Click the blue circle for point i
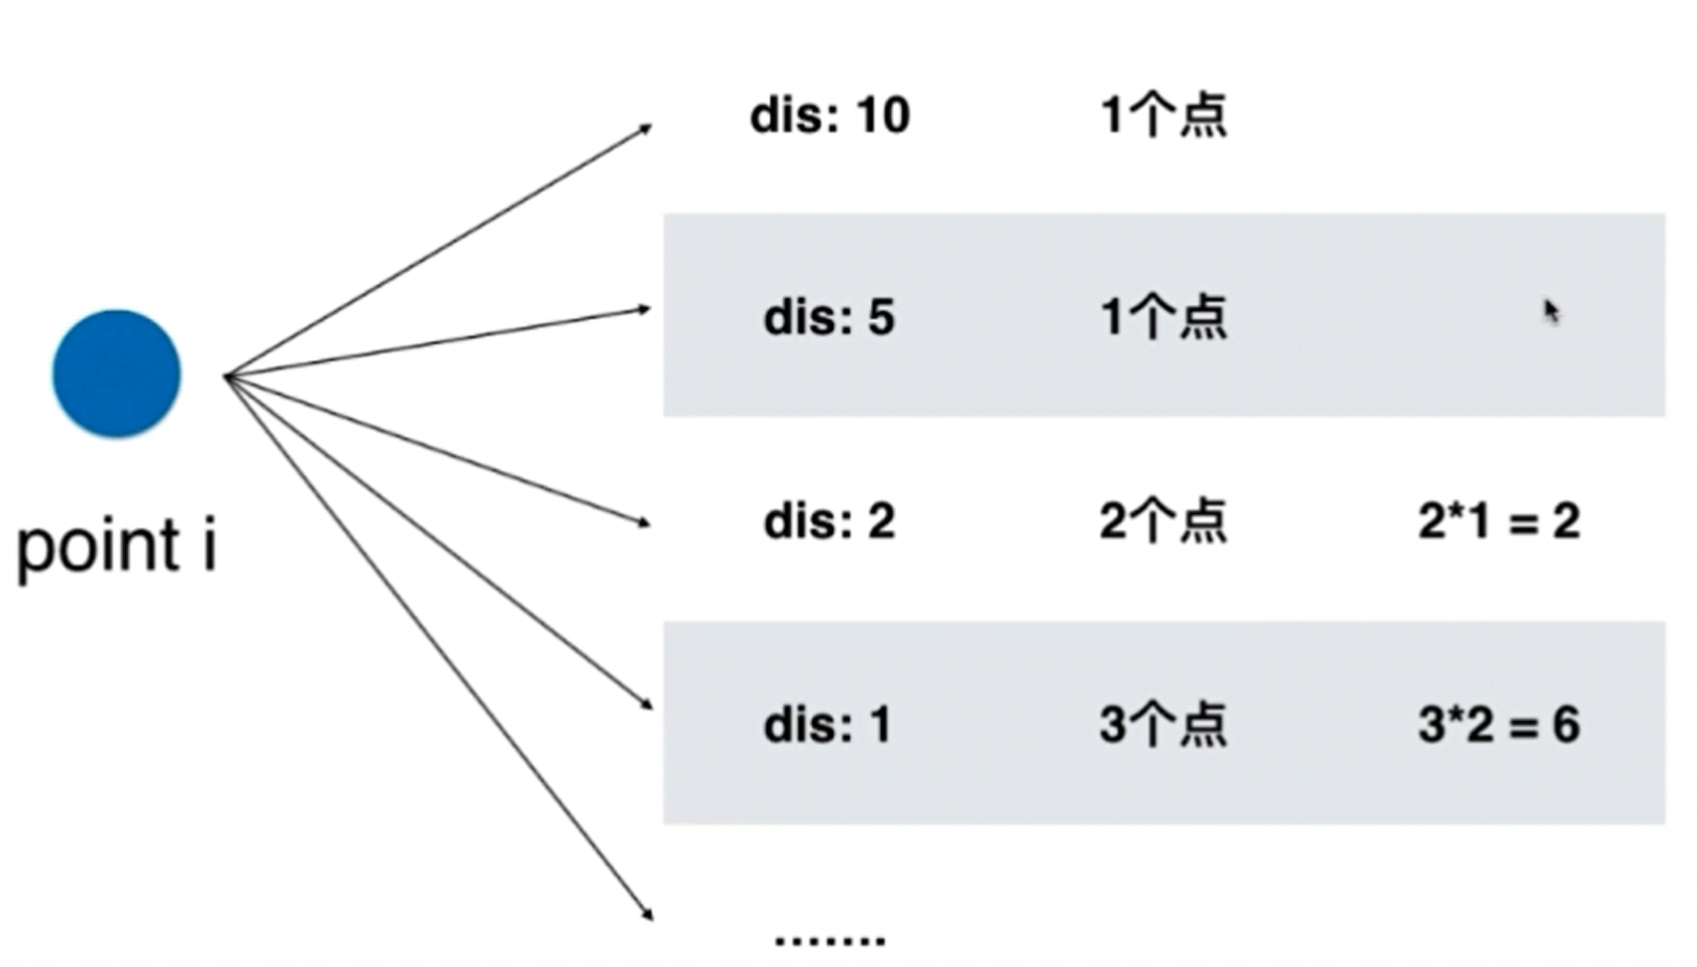[116, 373]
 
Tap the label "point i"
[116, 547]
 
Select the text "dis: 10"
[829, 115]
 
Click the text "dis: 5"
[828, 317]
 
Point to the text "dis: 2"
[828, 521]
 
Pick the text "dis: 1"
[826, 725]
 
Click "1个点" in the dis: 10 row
[1163, 115]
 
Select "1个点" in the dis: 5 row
[1163, 317]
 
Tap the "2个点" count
[1163, 521]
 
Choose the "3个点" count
[1163, 725]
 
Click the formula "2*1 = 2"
[1499, 521]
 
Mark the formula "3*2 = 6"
[1499, 725]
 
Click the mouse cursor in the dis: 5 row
[1551, 311]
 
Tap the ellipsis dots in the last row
[829, 940]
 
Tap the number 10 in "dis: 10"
[882, 115]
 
